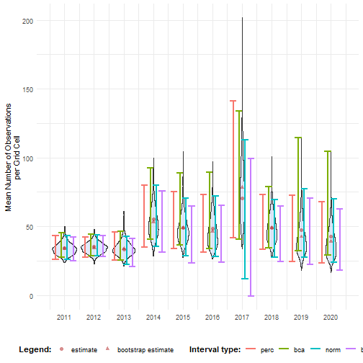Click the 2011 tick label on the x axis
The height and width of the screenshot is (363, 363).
pos(64,317)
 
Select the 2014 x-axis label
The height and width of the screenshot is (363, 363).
pos(153,317)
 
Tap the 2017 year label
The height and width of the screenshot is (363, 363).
pos(242,317)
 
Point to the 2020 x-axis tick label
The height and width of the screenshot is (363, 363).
pos(331,317)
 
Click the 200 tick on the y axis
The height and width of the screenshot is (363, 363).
pos(28,21)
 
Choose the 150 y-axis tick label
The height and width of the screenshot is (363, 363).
pos(28,89)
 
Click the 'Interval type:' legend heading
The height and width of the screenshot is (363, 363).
pos(215,349)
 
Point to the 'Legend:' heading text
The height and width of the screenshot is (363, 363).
pos(35,349)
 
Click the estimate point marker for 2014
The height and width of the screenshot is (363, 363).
pos(153,220)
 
